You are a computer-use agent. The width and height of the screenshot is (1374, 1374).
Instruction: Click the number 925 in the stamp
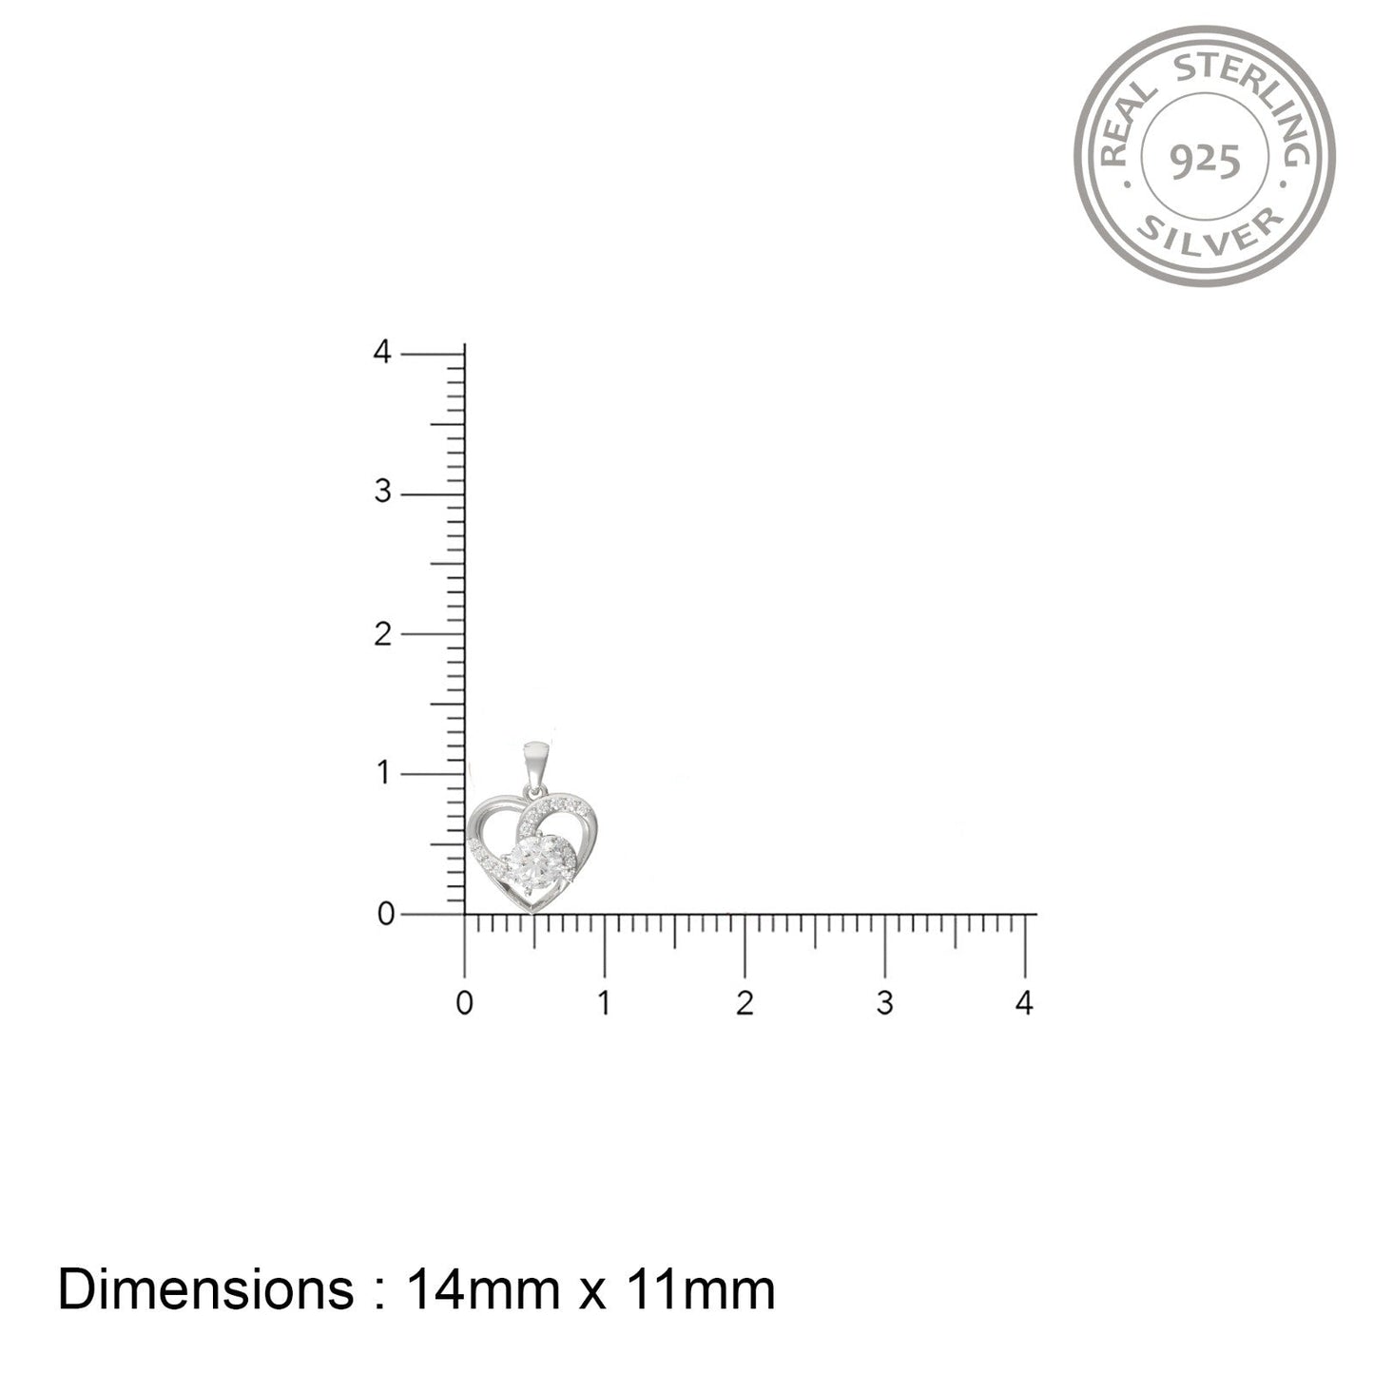pos(1205,163)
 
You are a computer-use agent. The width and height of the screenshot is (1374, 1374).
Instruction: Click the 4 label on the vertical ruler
pos(382,352)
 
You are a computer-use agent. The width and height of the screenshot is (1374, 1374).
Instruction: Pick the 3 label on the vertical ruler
pos(383,492)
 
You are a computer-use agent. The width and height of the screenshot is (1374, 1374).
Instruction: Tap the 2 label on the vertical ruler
pos(383,633)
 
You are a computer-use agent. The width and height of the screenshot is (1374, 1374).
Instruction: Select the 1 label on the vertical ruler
pos(384,773)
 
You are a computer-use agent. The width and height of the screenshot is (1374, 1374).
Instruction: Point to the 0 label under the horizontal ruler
pos(464,1003)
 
